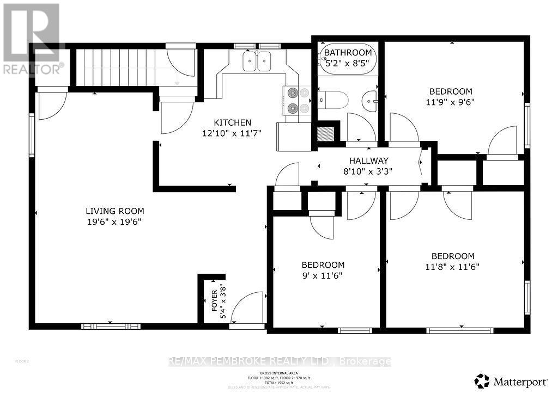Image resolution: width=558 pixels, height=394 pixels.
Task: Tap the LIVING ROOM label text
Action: coord(115,211)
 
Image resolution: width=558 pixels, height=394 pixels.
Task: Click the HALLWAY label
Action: coord(369,161)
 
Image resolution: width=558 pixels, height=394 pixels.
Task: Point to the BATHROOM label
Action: coord(348,53)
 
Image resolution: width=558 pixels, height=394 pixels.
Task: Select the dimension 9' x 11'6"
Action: coord(323,275)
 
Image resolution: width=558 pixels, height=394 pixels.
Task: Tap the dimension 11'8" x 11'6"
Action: coord(452,267)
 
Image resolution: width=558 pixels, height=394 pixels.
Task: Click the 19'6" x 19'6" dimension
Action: coord(115,222)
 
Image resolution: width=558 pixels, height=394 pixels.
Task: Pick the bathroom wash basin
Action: coord(371,100)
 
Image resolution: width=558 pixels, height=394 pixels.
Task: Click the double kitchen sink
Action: coord(257,61)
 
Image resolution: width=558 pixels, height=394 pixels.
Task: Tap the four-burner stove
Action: coord(296,101)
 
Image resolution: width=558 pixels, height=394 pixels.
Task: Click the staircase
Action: coord(114,66)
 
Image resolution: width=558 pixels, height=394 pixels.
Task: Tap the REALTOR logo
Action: coord(31,38)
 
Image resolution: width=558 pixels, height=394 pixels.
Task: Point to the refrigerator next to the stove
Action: coord(294,137)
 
